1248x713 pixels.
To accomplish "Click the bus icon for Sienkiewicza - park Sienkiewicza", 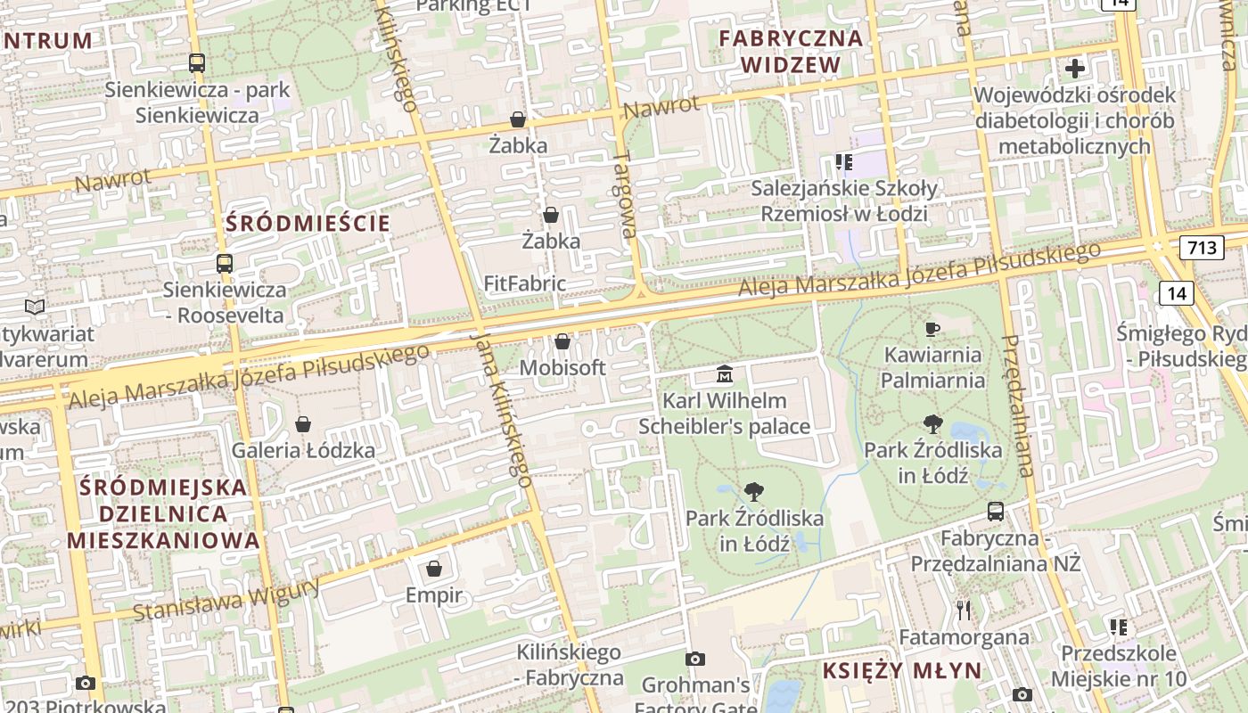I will pos(197,63).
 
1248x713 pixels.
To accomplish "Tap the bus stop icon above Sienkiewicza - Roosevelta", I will pos(225,264).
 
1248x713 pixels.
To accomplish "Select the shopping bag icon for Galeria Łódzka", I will pos(303,423).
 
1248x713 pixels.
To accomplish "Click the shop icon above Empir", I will pos(434,569).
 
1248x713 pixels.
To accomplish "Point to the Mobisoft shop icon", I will pos(562,341).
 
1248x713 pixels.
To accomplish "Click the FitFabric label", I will pos(525,283).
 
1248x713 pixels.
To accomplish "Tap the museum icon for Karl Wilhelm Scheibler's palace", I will pos(725,374).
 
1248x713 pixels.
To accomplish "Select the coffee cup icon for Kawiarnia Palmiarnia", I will pos(933,329).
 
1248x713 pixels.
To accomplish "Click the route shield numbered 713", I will pos(1201,247).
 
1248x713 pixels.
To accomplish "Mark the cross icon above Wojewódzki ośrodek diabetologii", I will pos(1075,68).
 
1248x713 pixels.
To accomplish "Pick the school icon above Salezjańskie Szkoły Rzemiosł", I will pos(843,162).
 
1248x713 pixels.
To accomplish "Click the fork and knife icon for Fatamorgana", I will pos(963,611).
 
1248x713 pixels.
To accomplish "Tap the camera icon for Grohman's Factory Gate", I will pos(695,659).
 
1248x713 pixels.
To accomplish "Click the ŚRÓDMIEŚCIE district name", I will pos(308,223).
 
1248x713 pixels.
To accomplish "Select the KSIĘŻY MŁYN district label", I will pos(901,671).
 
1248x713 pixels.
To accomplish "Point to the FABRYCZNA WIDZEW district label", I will pos(791,52).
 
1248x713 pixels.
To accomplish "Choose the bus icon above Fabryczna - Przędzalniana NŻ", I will pos(996,512).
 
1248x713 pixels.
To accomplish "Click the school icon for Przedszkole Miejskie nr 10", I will pos(1119,627).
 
